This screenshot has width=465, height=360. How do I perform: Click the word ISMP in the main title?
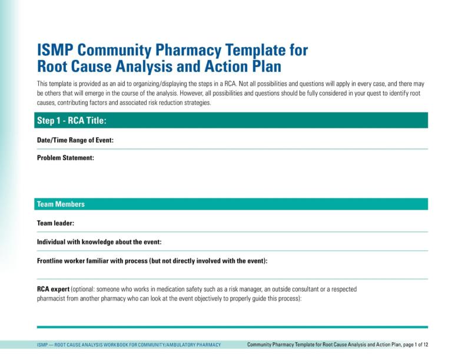coord(57,49)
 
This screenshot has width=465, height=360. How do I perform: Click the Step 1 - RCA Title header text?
coord(71,121)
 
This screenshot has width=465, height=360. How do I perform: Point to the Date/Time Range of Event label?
coord(75,140)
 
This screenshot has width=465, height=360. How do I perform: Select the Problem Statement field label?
coord(65,158)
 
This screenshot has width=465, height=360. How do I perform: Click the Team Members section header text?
coord(61,204)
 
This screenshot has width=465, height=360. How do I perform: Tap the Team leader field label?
coord(55,223)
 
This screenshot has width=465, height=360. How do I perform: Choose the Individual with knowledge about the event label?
coord(99,242)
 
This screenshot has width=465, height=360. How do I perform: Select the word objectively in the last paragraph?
coord(208,298)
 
